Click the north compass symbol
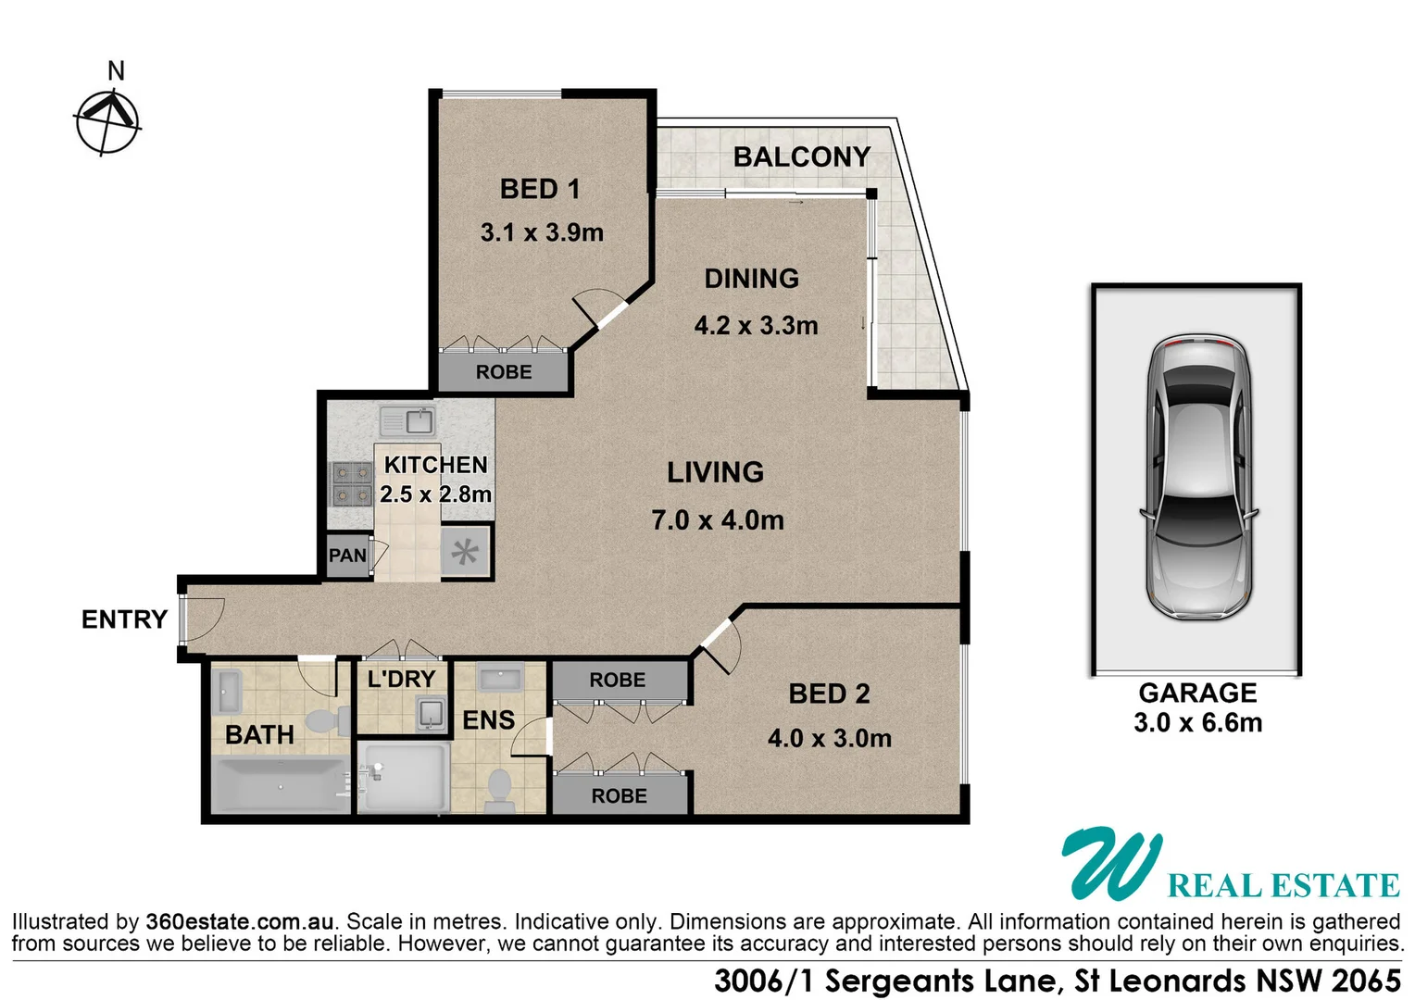(107, 121)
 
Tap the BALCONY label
(801, 157)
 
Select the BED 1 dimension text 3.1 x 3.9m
(542, 232)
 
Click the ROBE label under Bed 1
(504, 372)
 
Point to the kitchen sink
(408, 422)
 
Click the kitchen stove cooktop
(352, 483)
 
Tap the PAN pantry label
(347, 556)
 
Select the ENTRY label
(124, 619)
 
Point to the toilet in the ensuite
(500, 790)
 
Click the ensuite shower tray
(404, 777)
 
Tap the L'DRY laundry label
(401, 679)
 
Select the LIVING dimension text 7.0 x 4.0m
(718, 520)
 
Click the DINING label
(751, 279)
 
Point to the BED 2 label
(829, 694)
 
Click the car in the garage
(1197, 478)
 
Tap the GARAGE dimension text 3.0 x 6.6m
(1197, 723)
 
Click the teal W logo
(1109, 863)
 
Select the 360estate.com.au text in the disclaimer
(239, 922)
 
